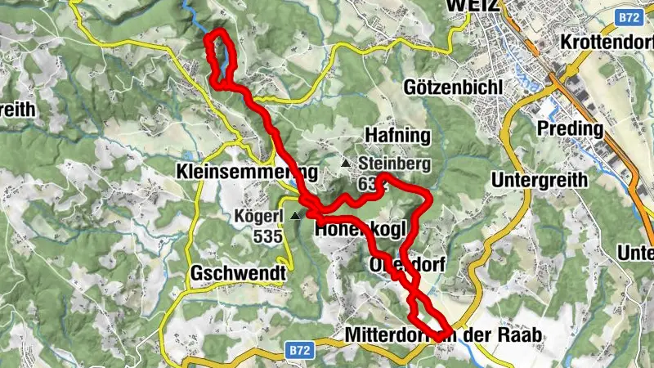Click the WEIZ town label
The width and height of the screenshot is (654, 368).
(x=472, y=6)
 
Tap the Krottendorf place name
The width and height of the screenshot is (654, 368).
(x=607, y=42)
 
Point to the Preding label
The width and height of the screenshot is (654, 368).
(x=570, y=128)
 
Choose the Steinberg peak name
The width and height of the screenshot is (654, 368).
(x=394, y=164)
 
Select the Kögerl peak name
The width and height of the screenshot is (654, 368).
(x=258, y=217)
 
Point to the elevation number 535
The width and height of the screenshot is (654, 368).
(x=267, y=237)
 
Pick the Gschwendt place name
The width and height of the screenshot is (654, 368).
(x=238, y=273)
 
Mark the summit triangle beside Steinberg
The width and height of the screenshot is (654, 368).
(x=345, y=164)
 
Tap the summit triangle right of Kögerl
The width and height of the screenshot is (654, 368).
(x=294, y=215)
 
